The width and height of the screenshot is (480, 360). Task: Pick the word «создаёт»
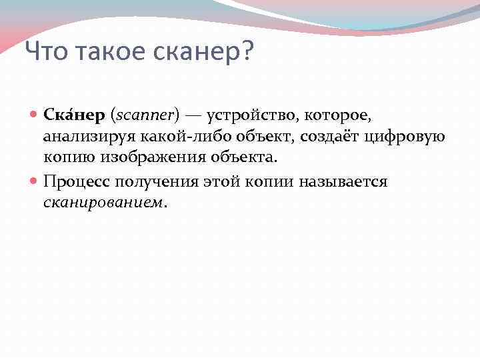pyautogui.click(x=331, y=137)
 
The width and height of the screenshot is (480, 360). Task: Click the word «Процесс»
pyautogui.click(x=76, y=182)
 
